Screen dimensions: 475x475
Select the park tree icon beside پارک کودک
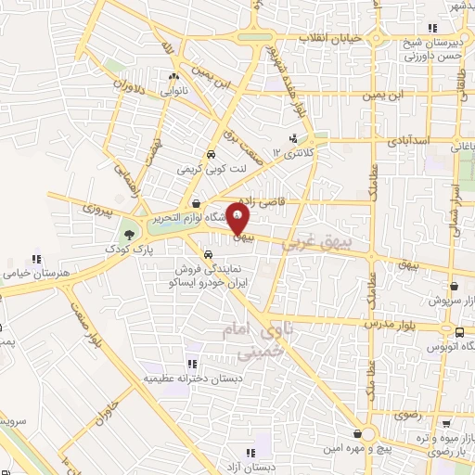coord(128,235)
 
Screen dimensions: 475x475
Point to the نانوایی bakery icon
coord(173,77)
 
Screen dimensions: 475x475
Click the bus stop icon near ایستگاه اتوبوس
coord(459,331)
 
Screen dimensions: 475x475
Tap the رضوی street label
coord(408,416)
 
